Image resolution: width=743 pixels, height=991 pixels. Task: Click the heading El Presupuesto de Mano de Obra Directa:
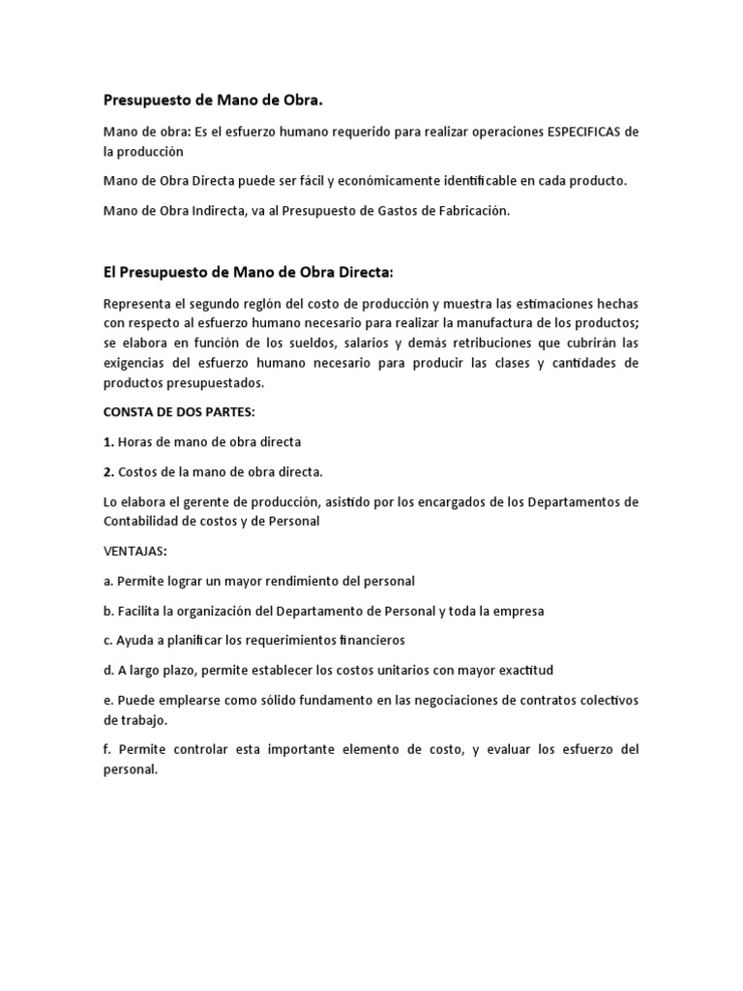tap(249, 273)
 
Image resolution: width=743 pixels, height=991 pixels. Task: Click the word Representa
tap(136, 304)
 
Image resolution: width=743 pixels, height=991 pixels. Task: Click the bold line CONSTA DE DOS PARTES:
tap(179, 411)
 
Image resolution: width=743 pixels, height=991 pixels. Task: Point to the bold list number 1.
tap(108, 442)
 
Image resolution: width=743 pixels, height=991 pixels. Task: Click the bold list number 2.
tap(108, 472)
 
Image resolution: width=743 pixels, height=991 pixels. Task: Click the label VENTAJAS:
tap(134, 551)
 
